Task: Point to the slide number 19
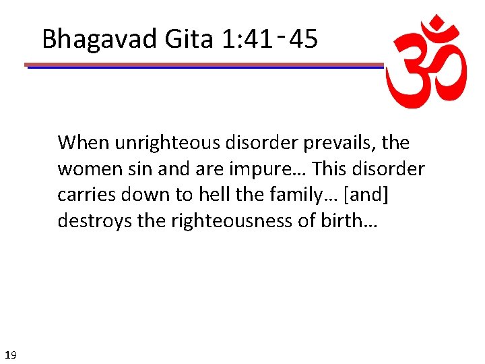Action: coord(10,354)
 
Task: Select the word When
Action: coord(83,143)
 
